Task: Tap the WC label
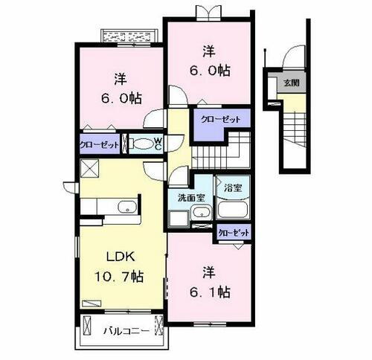click(158, 144)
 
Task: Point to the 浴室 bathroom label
click(233, 187)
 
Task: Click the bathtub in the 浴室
click(234, 211)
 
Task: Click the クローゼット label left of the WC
click(99, 144)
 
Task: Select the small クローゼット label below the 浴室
click(234, 233)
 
